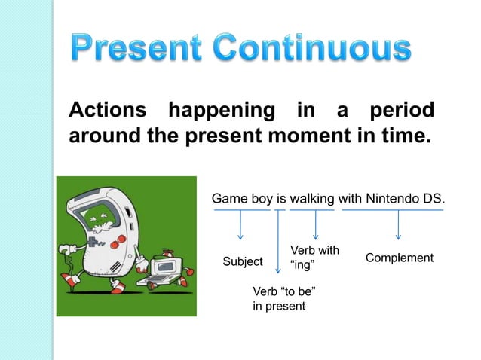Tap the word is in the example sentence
(x=281, y=199)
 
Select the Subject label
(x=243, y=261)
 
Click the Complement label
(x=399, y=258)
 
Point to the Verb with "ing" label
(x=314, y=257)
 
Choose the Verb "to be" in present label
(x=283, y=299)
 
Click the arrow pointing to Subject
(x=240, y=226)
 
